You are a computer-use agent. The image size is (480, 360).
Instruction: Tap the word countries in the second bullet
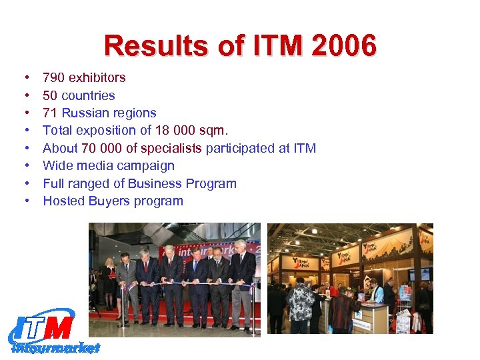tap(88, 95)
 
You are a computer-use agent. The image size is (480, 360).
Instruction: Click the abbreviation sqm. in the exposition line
tap(213, 131)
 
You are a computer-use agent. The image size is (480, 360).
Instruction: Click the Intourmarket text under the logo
tap(56, 347)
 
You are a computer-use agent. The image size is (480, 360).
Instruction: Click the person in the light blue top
tap(377, 293)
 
